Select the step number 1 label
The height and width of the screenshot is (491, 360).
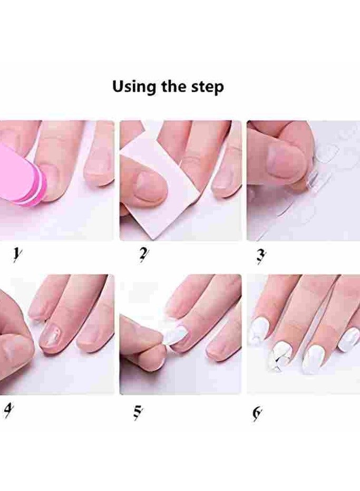(x=17, y=256)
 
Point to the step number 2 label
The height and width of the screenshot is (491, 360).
(x=143, y=256)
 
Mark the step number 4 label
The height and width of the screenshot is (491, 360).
(x=8, y=410)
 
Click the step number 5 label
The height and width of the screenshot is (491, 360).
(x=138, y=410)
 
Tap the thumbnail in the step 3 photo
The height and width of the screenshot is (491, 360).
(x=285, y=161)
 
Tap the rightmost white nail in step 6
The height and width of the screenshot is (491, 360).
(x=349, y=339)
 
